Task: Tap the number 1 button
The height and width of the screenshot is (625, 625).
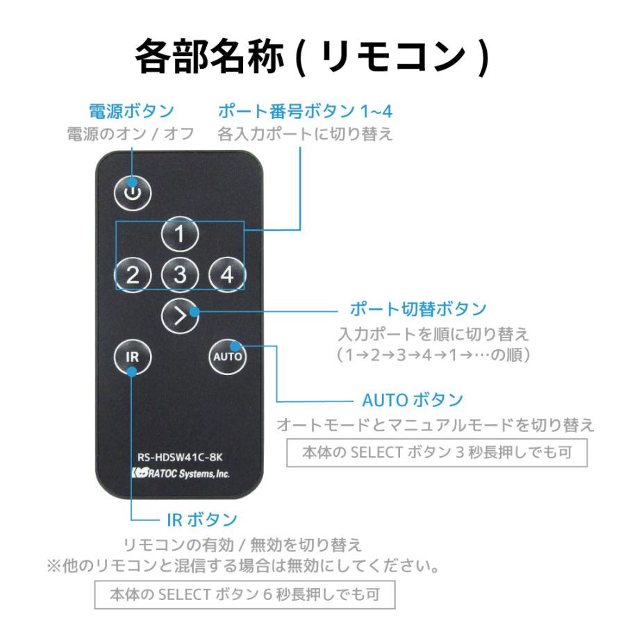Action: point(180,235)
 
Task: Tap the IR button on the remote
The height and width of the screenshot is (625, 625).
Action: point(132,357)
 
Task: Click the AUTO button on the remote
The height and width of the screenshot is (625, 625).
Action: point(227,357)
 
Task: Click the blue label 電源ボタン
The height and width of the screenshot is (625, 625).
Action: point(131,111)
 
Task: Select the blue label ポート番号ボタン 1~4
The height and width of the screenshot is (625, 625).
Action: point(300,111)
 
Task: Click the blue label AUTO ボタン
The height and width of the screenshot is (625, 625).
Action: point(412,400)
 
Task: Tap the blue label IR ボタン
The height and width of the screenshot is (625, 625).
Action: point(201,519)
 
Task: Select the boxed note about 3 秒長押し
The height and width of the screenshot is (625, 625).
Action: point(437,453)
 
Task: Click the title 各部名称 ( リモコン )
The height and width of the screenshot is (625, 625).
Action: point(312,57)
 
